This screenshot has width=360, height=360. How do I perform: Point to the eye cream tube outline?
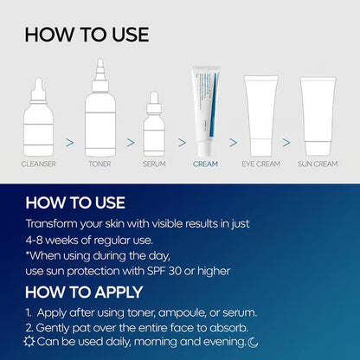pyautogui.click(x=261, y=115)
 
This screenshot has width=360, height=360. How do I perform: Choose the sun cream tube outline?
pyautogui.click(x=317, y=115)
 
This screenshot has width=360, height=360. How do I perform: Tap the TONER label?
pyautogui.click(x=100, y=163)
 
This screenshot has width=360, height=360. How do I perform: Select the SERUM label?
pyautogui.click(x=155, y=163)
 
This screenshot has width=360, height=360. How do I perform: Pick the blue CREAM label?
pyautogui.click(x=206, y=163)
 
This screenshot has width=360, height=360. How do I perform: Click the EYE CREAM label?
pyautogui.click(x=261, y=163)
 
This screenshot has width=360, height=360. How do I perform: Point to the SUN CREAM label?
pyautogui.click(x=317, y=163)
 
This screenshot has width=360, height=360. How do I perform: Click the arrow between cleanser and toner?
pyautogui.click(x=70, y=140)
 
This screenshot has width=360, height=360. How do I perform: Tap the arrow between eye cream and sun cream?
pyautogui.click(x=289, y=140)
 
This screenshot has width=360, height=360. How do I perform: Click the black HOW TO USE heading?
pyautogui.click(x=87, y=35)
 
